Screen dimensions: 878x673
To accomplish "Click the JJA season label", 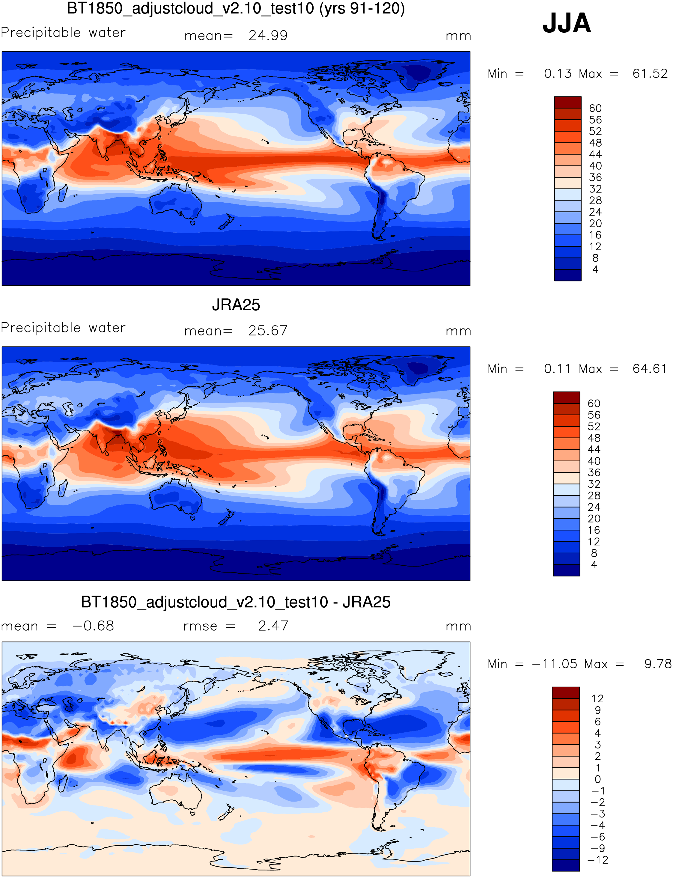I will tap(567, 23).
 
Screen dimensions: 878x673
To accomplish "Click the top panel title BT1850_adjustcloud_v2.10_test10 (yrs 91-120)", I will tap(236, 8).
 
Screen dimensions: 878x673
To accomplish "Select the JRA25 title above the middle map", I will tap(236, 305).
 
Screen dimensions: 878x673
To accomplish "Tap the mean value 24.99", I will tap(268, 36).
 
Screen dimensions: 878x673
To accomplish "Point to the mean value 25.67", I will tap(268, 331).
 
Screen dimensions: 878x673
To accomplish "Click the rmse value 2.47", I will tap(273, 626).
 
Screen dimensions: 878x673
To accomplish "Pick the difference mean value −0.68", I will tap(93, 626).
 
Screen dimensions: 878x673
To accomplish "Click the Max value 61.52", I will tap(650, 74).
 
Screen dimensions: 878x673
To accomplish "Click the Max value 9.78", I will tap(657, 664).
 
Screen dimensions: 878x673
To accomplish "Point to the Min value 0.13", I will tap(558, 74).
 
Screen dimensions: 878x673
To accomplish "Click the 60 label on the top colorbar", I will tap(595, 109).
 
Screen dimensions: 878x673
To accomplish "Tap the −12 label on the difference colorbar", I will tap(597, 860).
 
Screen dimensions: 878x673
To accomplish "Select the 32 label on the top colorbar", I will tap(595, 189).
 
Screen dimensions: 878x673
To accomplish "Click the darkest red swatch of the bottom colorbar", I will tap(566, 692).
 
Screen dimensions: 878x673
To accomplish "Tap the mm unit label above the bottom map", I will tap(458, 627).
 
